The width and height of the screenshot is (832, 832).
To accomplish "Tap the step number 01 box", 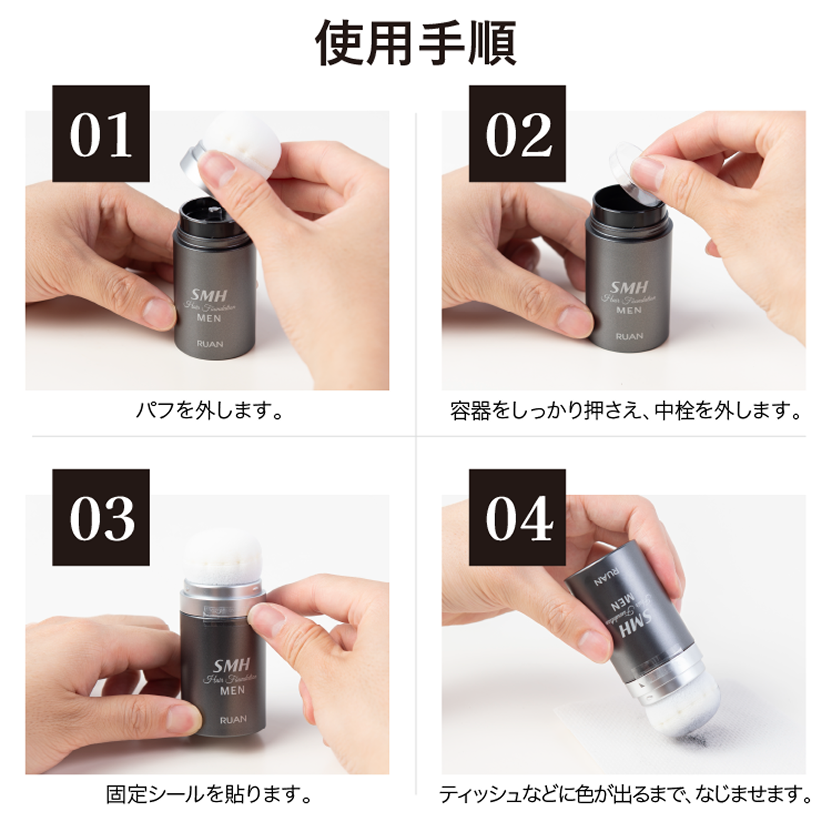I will pos(101,134).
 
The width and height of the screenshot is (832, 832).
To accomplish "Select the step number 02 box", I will pos(517,134).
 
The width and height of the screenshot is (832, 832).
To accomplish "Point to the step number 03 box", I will pos(101,518).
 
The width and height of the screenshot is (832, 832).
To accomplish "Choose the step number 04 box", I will pos(517,518).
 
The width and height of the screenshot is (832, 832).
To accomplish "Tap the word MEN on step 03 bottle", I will pos(233,690).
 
